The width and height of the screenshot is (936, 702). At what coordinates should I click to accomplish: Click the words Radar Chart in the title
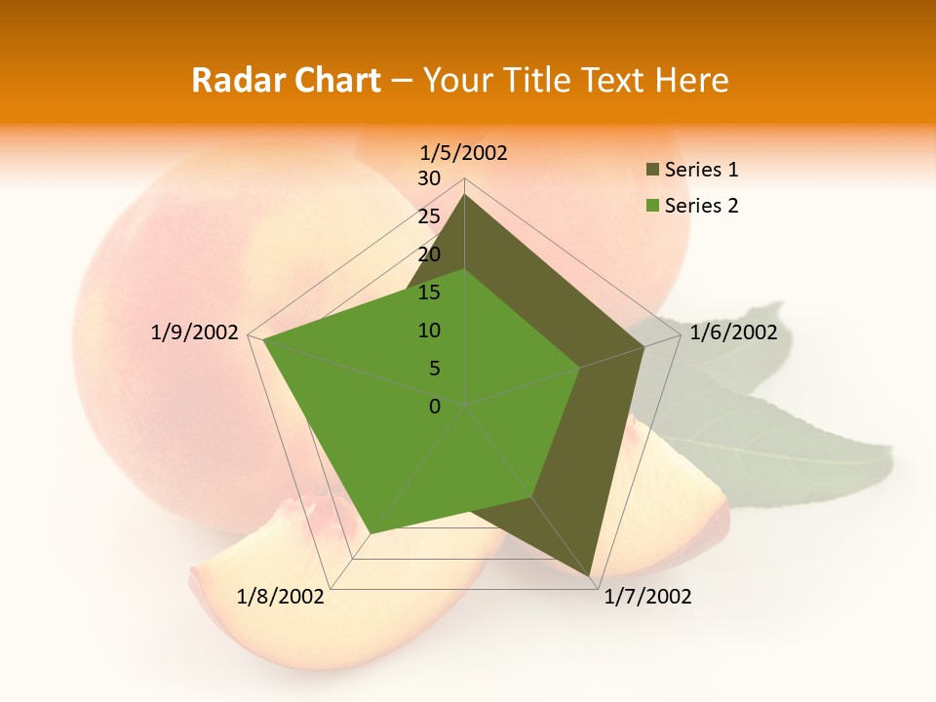pyautogui.click(x=286, y=80)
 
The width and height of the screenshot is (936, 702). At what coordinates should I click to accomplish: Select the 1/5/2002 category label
pyautogui.click(x=464, y=152)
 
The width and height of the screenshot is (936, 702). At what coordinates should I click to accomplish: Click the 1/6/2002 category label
pyautogui.click(x=733, y=332)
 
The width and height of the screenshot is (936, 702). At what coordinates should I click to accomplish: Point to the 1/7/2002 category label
pyautogui.click(x=647, y=597)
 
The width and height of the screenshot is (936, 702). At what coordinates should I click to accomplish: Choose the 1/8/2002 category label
pyautogui.click(x=281, y=597)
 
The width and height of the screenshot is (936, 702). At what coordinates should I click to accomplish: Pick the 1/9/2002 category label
pyautogui.click(x=195, y=332)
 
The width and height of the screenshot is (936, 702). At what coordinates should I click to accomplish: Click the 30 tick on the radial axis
pyautogui.click(x=429, y=178)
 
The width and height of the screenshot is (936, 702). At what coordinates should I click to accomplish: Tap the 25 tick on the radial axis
pyautogui.click(x=429, y=216)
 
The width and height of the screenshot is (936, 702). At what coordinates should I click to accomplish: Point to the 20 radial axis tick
pyautogui.click(x=429, y=254)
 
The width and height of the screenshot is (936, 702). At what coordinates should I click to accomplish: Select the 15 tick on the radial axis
pyautogui.click(x=429, y=292)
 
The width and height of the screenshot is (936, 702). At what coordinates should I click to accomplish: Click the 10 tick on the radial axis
pyautogui.click(x=429, y=331)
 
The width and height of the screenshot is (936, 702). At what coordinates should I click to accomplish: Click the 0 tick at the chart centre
pyautogui.click(x=435, y=407)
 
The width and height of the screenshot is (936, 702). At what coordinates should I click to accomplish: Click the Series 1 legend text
pyautogui.click(x=701, y=170)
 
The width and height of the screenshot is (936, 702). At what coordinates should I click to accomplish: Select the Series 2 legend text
pyautogui.click(x=701, y=206)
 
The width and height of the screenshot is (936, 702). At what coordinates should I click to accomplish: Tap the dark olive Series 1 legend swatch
pyautogui.click(x=652, y=171)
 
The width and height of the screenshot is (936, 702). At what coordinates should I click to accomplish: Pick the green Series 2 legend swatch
pyautogui.click(x=652, y=206)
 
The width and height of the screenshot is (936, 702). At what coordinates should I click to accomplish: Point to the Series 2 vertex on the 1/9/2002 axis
pyautogui.click(x=262, y=339)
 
